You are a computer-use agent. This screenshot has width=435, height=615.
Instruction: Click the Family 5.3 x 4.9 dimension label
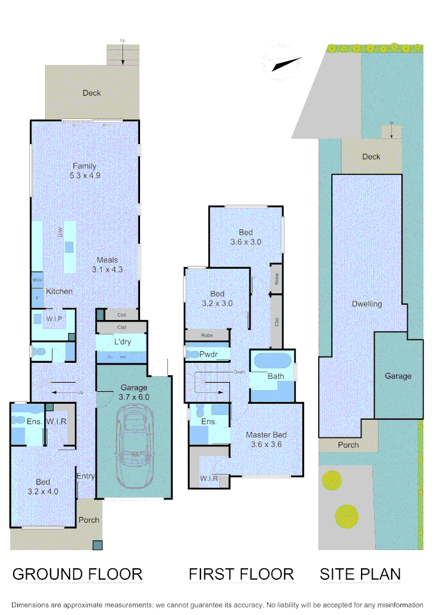coord(85,175)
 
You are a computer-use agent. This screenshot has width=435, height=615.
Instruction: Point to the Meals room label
coord(107,260)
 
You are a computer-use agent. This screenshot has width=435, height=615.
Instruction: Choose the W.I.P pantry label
coord(54,318)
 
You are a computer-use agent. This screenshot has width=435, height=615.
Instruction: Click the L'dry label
coord(123,342)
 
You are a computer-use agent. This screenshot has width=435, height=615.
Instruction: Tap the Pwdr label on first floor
coord(208,354)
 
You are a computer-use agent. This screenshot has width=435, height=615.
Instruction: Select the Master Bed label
coord(266,435)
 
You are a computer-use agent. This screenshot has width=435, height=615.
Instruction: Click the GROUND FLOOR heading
coord(77,574)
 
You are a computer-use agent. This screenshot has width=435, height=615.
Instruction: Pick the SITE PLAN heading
coord(360,574)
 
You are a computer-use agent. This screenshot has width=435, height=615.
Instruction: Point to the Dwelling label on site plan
coord(366,304)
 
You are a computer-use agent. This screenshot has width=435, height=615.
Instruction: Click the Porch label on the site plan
coord(348,445)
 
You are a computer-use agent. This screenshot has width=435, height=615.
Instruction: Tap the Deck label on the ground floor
coord(91,93)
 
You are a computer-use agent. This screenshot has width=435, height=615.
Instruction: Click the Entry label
coord(85,477)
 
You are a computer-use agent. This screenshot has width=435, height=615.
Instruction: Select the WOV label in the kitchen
coord(37,281)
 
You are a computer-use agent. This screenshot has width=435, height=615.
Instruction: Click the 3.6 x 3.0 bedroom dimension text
coord(246,242)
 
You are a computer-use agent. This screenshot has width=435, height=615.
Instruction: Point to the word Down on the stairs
coord(239,372)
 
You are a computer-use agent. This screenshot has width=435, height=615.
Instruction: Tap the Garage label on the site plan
coord(398,376)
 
